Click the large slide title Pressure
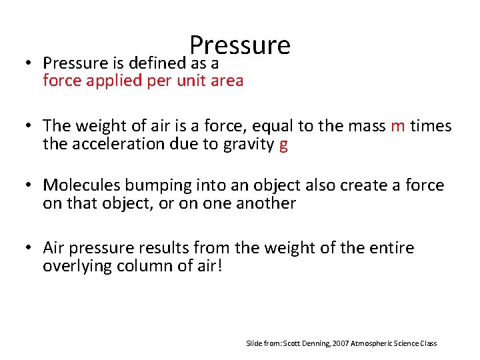240,45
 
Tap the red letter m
398,126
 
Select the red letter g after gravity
284,145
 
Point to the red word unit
189,81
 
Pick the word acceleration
117,144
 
